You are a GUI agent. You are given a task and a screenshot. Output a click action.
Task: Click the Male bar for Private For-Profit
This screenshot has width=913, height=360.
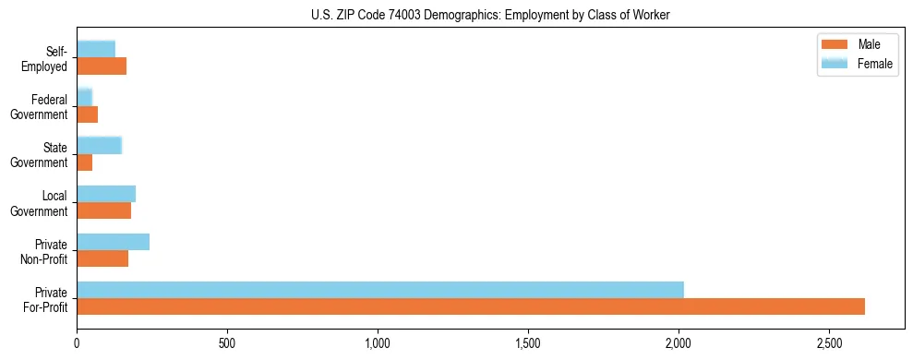coord(471,306)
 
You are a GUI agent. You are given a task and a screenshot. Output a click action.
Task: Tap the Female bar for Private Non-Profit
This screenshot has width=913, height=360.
coord(113,242)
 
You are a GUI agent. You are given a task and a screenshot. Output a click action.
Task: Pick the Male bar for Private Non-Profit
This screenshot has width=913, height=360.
coord(102,258)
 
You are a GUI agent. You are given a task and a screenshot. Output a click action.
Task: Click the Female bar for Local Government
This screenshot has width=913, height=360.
coord(106,194)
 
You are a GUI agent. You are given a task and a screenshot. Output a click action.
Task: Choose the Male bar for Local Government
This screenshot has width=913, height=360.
coord(103,210)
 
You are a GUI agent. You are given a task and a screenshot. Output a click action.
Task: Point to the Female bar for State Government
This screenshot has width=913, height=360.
coord(99,145)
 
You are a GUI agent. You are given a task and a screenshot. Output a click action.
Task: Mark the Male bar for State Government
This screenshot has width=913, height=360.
coord(84,162)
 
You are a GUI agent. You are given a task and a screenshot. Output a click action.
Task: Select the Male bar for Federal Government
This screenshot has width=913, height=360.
coord(87,114)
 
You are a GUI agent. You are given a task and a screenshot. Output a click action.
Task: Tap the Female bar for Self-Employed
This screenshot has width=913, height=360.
coord(96,49)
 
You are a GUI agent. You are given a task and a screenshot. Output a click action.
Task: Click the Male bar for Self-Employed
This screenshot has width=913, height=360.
coord(102,66)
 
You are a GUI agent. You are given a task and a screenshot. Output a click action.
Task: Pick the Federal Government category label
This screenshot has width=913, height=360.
coord(40,107)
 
